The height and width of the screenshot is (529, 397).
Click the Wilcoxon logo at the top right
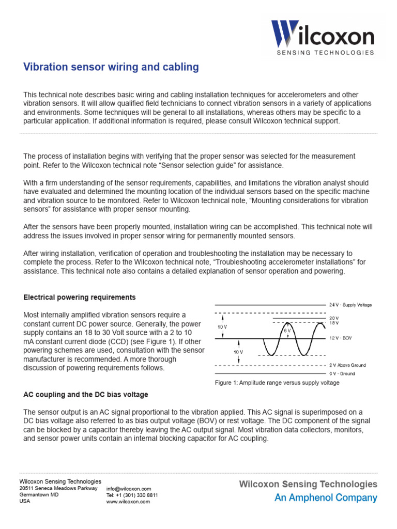[323, 34]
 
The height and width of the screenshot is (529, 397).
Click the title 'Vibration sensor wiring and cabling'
[111, 67]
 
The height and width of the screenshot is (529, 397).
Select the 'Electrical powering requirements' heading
[80, 298]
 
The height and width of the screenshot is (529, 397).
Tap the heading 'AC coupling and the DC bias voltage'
[86, 395]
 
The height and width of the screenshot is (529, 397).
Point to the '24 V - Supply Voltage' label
[350, 305]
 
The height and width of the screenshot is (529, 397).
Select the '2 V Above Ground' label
[347, 365]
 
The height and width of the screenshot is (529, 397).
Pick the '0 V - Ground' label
[342, 373]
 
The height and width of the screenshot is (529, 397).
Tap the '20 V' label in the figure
[334, 318]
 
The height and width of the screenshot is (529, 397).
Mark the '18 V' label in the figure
[334, 323]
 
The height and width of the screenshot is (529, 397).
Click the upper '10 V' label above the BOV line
[222, 326]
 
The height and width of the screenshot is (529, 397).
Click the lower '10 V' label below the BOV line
[238, 351]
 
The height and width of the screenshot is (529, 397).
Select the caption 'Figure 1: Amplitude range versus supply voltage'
[277, 383]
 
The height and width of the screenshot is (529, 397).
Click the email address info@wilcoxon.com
[128, 489]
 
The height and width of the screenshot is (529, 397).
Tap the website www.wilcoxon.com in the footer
[128, 501]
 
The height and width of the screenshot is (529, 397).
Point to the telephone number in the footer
[132, 495]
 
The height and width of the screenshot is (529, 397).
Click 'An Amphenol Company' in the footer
[326, 498]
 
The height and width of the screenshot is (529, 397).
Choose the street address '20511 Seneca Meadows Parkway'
[58, 488]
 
